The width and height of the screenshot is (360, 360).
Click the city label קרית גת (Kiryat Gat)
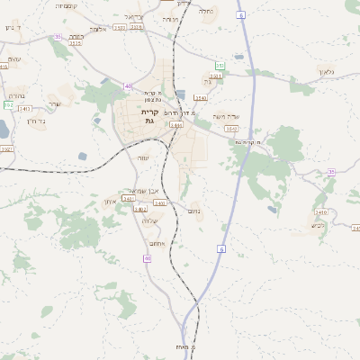coord(149,115)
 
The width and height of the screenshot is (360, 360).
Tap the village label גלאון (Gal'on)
coord(326,71)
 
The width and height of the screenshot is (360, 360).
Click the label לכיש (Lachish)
coord(317,225)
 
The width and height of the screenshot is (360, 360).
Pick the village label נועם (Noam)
coord(193,211)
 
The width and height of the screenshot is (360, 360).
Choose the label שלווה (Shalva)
coord(150,221)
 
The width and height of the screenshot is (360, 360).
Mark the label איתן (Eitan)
coord(110,202)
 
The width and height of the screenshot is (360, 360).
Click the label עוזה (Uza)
coord(143,157)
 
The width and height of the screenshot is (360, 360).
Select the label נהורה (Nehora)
coord(16,94)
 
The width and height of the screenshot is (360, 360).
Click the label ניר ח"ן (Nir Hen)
coord(37,121)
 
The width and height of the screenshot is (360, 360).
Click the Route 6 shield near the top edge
coord(240,15)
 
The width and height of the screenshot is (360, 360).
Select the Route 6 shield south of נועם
coord(221,248)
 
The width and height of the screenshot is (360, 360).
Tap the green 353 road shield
coord(220,66)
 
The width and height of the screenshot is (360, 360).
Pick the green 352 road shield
coord(7,104)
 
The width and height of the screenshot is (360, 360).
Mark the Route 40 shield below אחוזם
coord(148,258)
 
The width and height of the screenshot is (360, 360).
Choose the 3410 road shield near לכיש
coord(321,213)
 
